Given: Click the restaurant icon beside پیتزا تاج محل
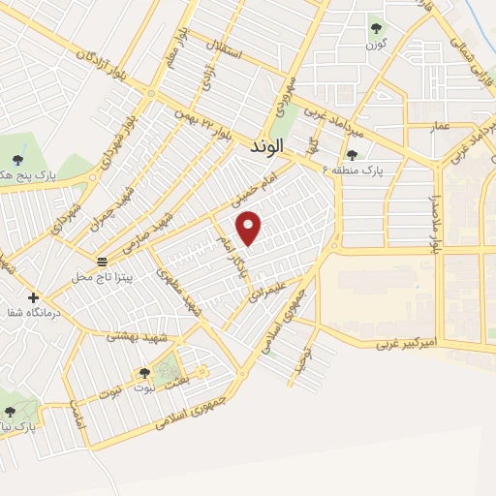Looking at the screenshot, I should [x=103, y=263].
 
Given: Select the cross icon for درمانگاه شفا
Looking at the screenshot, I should [x=34, y=297].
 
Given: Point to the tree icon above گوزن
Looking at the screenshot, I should [x=376, y=29].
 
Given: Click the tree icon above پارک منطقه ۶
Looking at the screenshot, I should [x=352, y=154].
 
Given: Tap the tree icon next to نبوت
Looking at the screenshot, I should [x=144, y=373].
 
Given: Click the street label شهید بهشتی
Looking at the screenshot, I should [x=137, y=335].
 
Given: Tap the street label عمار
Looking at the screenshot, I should [x=442, y=126].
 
